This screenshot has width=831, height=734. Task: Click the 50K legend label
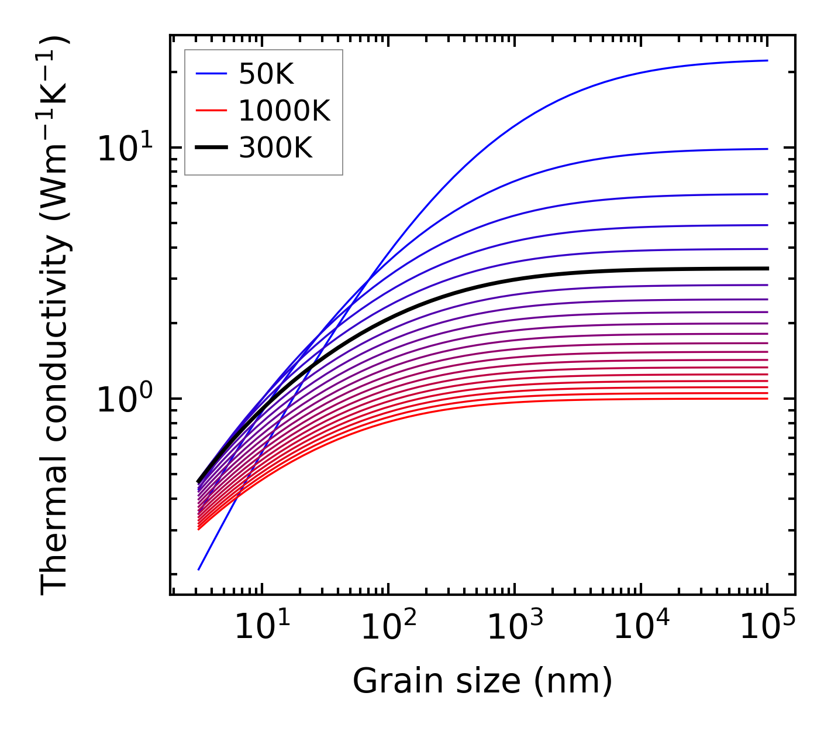266,74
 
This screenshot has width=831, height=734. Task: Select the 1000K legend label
284,111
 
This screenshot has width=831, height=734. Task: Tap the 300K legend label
275,148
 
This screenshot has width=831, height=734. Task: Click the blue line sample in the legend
211,74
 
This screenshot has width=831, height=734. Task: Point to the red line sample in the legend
211,111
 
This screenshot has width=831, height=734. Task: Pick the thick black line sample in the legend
211,148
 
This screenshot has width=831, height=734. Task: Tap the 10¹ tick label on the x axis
262,627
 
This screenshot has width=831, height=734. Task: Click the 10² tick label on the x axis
388,627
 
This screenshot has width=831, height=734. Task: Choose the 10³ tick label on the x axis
515,627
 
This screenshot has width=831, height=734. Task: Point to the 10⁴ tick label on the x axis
641,627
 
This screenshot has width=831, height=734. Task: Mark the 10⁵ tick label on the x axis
767,627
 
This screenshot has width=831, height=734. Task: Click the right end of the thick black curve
767,269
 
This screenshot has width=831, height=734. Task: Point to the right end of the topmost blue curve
767,60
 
